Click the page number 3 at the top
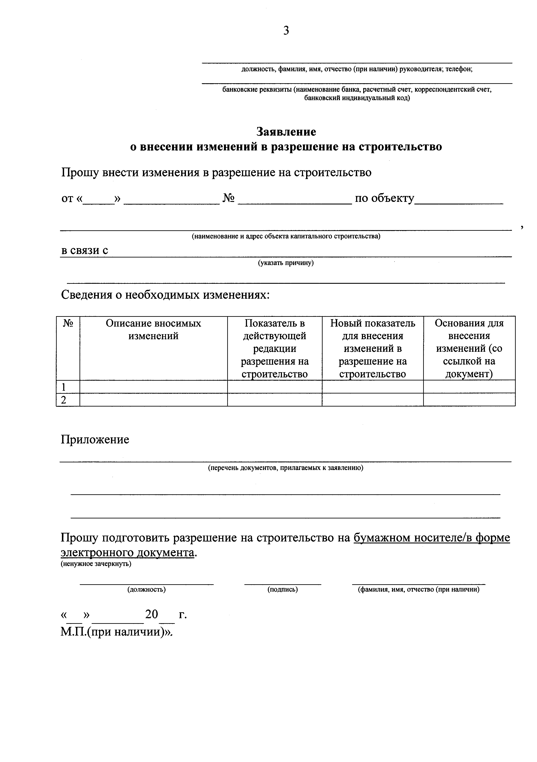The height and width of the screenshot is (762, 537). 286,31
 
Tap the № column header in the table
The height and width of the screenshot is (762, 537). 68,323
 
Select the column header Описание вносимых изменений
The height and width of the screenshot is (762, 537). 153,330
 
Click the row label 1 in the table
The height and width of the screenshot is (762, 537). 63,387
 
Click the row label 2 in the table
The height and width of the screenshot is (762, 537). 63,400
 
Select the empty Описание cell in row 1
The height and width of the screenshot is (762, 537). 153,387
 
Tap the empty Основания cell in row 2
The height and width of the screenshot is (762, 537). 469,400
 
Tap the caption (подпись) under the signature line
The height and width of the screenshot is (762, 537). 282,589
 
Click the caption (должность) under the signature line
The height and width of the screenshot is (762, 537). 146,589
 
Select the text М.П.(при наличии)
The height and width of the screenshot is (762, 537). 116,632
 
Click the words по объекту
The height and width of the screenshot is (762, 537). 384,198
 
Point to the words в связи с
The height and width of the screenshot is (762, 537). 85,250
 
